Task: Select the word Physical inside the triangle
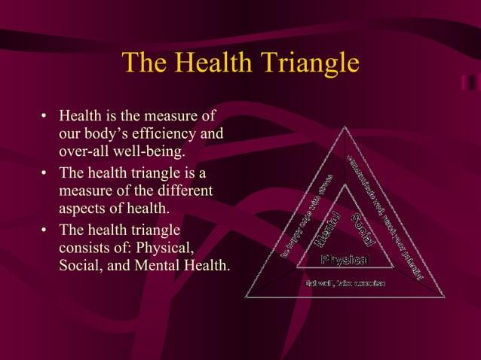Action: (345, 260)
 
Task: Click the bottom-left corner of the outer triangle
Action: (246, 297)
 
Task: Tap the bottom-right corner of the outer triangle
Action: (445, 297)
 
